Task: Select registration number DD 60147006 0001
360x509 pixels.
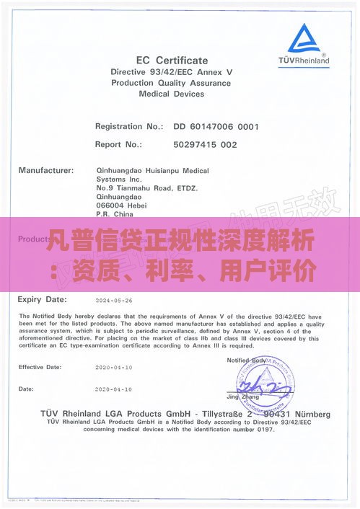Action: [216, 126]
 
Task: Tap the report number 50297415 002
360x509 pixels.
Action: [205, 144]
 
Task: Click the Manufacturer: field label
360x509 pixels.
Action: [46, 171]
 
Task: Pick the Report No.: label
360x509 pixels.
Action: [118, 144]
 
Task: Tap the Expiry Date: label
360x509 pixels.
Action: [44, 298]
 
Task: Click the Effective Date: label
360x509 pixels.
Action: [41, 367]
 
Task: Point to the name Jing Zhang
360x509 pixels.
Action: [243, 397]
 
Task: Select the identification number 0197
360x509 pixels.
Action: [265, 430]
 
